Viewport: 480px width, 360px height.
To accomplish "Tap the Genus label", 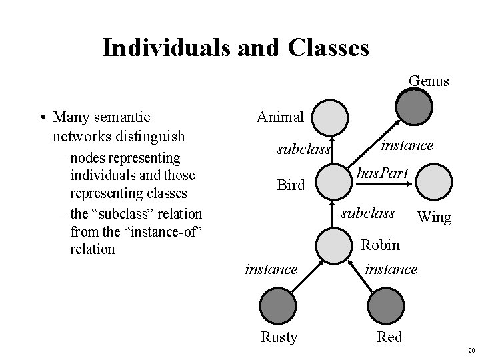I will point(429,81).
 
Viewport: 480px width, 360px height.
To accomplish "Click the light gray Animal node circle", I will point(331,119).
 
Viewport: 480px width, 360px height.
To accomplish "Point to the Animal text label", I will point(280,117).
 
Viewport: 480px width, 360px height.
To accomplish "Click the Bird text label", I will point(291,185).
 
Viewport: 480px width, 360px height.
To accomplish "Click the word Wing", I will point(433,217).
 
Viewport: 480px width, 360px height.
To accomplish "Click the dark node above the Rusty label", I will point(275,308).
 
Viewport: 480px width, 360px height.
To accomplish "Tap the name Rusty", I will point(279,337).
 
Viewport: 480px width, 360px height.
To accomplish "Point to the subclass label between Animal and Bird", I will point(304,150).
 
